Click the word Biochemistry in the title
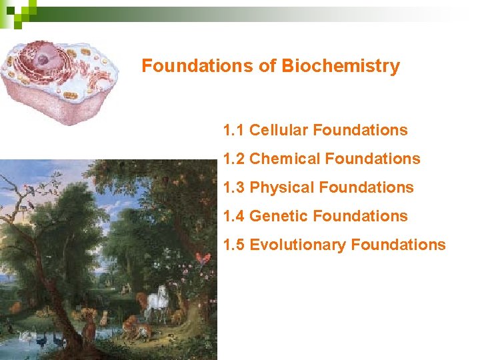[341, 67]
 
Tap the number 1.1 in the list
[234, 130]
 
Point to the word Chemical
[284, 159]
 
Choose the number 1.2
[234, 159]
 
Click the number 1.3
[234, 187]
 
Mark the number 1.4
[234, 216]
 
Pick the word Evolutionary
[297, 245]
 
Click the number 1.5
[234, 245]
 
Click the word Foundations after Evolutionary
[398, 245]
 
